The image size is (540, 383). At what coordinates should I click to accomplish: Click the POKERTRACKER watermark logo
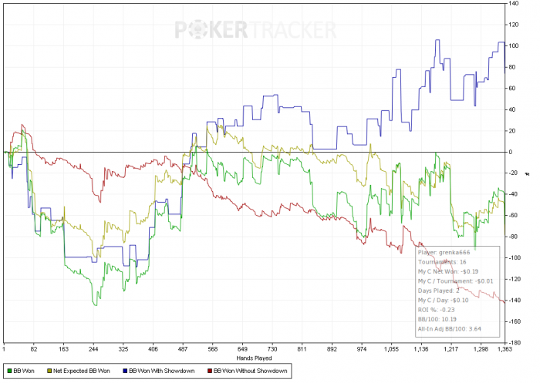coord(255,30)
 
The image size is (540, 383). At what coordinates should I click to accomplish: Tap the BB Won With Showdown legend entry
coord(161,371)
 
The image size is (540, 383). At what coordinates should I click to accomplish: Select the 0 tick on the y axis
coord(511,152)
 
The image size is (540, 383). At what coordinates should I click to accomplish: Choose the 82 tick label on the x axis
coord(34,349)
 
